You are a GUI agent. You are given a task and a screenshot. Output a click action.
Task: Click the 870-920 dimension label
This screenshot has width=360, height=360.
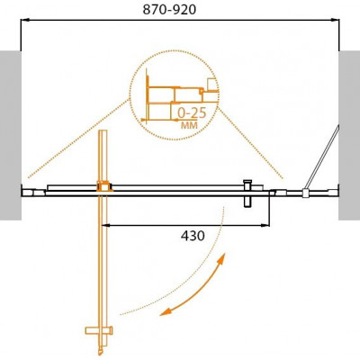click(169, 10)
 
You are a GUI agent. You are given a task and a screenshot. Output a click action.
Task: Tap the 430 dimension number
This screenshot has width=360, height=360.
click(193, 236)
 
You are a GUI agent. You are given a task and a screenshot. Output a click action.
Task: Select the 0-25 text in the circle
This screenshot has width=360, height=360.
click(192, 112)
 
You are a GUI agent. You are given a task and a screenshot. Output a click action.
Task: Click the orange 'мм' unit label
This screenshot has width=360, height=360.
click(189, 124)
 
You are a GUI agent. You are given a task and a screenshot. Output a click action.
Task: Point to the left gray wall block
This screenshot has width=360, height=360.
click(11, 135)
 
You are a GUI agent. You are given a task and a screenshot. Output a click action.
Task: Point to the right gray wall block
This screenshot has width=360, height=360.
click(349, 135)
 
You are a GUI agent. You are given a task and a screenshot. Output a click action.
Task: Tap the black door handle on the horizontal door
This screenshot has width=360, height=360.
click(247, 193)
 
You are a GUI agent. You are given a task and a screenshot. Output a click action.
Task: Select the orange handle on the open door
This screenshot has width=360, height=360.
click(99, 330)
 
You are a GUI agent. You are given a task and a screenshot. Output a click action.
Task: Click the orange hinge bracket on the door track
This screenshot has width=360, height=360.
click(103, 186)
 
